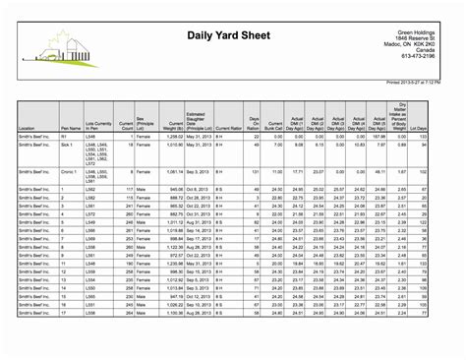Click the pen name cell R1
[x=65, y=137]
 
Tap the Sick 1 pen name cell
[x=68, y=145]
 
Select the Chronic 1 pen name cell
[x=71, y=172]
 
